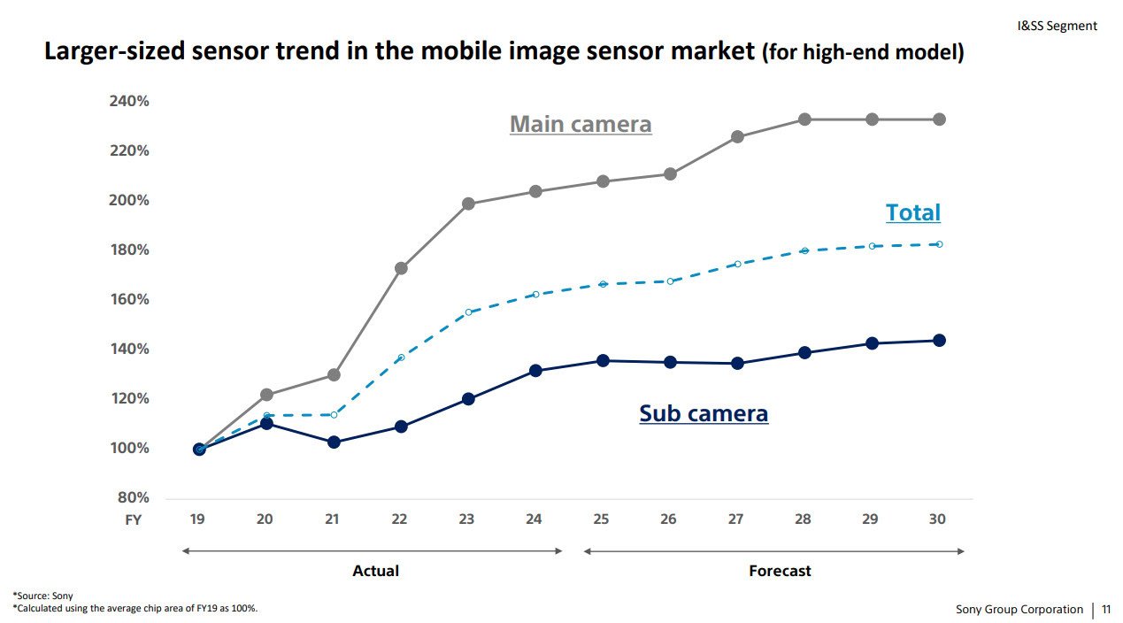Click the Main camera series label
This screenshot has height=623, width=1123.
point(581,125)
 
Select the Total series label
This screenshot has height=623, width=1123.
point(912,212)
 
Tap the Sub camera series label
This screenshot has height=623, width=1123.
point(704,413)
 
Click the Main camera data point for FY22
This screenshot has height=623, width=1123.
point(401,268)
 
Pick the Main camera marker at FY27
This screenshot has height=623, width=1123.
point(737,137)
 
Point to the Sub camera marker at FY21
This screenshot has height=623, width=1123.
point(334,442)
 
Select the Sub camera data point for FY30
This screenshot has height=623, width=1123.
point(939,341)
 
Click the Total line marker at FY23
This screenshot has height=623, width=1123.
point(468,312)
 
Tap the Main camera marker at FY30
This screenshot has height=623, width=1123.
point(939,119)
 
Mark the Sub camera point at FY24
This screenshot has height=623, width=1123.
point(535,371)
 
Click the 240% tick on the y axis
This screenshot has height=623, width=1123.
point(129,101)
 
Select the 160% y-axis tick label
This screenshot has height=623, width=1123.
point(129,299)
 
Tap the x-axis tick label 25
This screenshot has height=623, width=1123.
point(601,519)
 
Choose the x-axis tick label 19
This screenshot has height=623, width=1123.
point(197,519)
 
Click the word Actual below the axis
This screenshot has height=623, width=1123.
point(375,571)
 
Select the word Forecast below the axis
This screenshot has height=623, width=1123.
point(780,571)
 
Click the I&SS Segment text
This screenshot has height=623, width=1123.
point(1057,26)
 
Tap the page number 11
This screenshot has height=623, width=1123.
point(1105,609)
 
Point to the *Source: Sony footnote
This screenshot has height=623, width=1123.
point(42,596)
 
